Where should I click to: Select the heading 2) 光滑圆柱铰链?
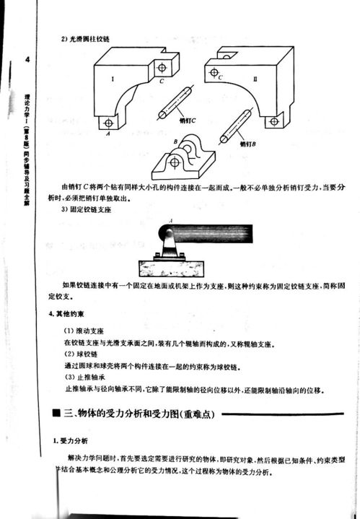(x=87, y=38)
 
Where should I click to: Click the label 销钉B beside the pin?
(x=249, y=143)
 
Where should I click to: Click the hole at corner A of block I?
(x=107, y=121)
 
